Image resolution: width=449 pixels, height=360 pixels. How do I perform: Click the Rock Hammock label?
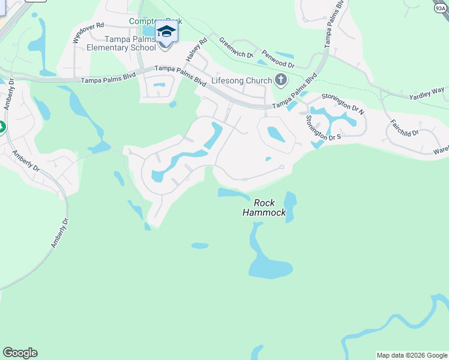pos(264,208)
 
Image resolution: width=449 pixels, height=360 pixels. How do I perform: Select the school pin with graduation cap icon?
pos(166,33)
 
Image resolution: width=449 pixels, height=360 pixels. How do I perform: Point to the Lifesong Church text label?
pos(241,80)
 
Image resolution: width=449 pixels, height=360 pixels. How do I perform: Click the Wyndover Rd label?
pos(88,32)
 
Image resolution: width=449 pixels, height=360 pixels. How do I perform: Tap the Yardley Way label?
pos(427,93)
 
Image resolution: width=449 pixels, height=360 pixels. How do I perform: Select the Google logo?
pos(20,353)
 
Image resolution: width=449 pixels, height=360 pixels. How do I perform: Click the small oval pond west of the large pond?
pos(200,245)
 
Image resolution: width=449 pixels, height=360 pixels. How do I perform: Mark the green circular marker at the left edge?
pos(2,127)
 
